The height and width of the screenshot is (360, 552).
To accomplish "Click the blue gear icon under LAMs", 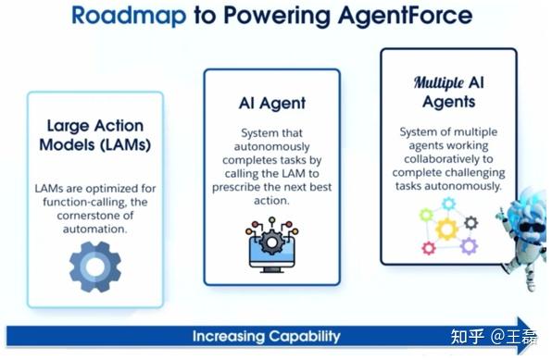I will (x=94, y=261).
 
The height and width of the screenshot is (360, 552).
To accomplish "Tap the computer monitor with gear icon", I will (x=271, y=243).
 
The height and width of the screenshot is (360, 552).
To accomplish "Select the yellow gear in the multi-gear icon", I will (x=447, y=227).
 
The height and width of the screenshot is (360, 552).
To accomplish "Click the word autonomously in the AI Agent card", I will (x=271, y=149).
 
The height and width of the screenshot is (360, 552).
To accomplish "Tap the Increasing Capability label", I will (x=266, y=336).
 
